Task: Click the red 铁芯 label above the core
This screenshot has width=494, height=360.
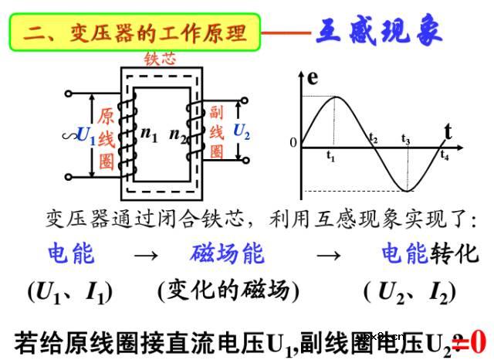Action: pyautogui.click(x=160, y=59)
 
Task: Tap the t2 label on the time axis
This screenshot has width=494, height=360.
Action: pyautogui.click(x=373, y=139)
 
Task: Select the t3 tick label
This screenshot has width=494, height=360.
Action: pyautogui.click(x=406, y=139)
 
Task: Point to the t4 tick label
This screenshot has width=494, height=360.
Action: pyautogui.click(x=445, y=155)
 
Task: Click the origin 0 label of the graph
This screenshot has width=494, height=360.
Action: pyautogui.click(x=293, y=143)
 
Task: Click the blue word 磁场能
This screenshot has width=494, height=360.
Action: pyautogui.click(x=226, y=253)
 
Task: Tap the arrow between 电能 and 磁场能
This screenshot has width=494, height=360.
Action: pyautogui.click(x=144, y=254)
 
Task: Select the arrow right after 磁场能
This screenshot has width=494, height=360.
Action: pyautogui.click(x=330, y=254)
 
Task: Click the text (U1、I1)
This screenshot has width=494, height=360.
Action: pyautogui.click(x=70, y=291)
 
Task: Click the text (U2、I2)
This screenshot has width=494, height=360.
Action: pyautogui.click(x=409, y=291)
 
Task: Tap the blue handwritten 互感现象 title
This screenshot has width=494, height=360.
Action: pyautogui.click(x=379, y=32)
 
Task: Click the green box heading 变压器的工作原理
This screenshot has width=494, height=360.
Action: pyautogui.click(x=135, y=32)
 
